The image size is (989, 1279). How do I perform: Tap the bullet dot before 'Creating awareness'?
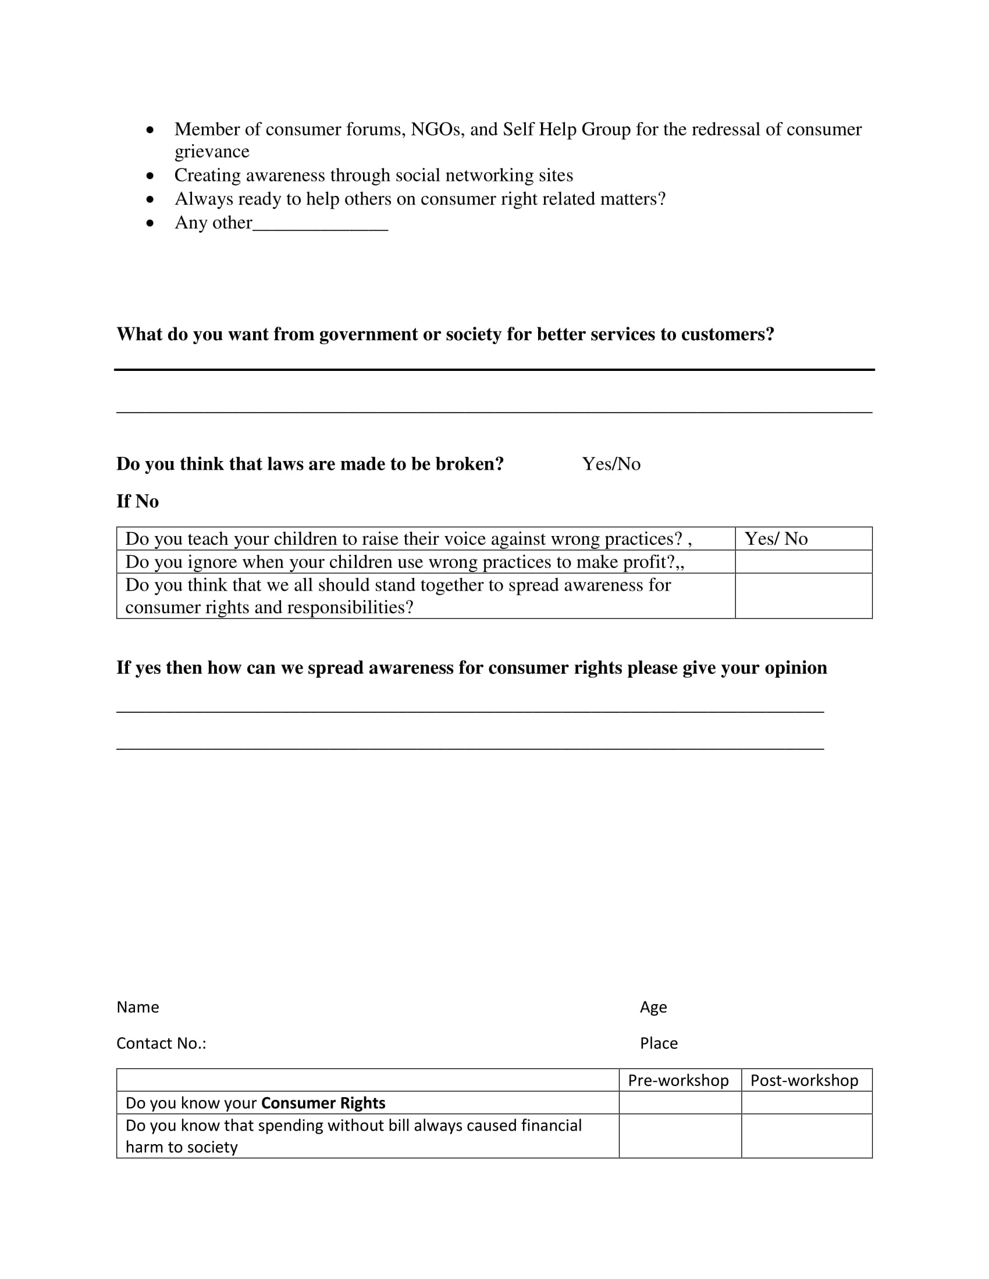151,176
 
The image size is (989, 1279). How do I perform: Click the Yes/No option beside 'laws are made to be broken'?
611,464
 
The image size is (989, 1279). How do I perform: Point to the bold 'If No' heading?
138,501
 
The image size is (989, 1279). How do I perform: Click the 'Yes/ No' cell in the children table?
775,539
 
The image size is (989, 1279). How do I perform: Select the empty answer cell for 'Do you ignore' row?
803,562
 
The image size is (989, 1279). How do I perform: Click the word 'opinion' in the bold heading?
796,667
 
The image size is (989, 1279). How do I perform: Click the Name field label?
138,1008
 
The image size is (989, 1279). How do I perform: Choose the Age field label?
653,1008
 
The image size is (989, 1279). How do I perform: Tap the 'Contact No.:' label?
161,1044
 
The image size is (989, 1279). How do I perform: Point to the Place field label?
659,1044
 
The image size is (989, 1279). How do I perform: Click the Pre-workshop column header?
678,1081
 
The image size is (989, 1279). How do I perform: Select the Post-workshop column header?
805,1081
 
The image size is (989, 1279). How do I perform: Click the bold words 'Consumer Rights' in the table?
323,1103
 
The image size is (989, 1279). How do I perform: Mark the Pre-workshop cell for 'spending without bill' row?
680,1136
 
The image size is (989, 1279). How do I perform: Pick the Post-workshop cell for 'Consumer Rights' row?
807,1103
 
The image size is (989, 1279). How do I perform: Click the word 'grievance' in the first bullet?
212,152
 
